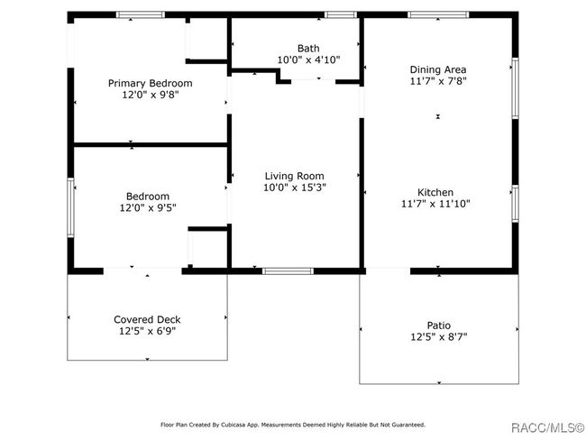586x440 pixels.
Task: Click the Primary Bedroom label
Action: pos(151,83)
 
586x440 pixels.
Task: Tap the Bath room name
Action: pos(308,48)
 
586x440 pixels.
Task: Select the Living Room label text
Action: pos(295,176)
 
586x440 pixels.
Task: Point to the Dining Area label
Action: pos(438,69)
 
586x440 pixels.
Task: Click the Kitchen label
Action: pos(435,193)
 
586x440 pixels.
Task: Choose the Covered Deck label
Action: pos(147,319)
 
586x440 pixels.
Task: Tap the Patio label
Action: pos(439,325)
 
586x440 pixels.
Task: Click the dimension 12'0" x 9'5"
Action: pos(148,207)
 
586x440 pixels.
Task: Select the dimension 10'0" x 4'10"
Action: pos(308,60)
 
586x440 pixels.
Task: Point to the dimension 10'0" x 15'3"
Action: pos(295,188)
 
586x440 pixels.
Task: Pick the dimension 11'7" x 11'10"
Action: pos(435,204)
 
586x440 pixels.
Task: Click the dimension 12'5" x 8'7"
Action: pos(439,337)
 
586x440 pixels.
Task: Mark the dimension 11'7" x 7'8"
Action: pos(438,81)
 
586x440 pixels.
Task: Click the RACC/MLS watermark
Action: pos(547,427)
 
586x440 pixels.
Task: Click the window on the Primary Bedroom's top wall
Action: pos(141,15)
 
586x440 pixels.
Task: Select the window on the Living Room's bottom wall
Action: pos(288,271)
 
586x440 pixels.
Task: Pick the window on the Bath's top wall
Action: pos(341,15)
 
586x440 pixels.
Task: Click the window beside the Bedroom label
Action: pos(70,207)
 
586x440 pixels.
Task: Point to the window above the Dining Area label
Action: pos(438,15)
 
